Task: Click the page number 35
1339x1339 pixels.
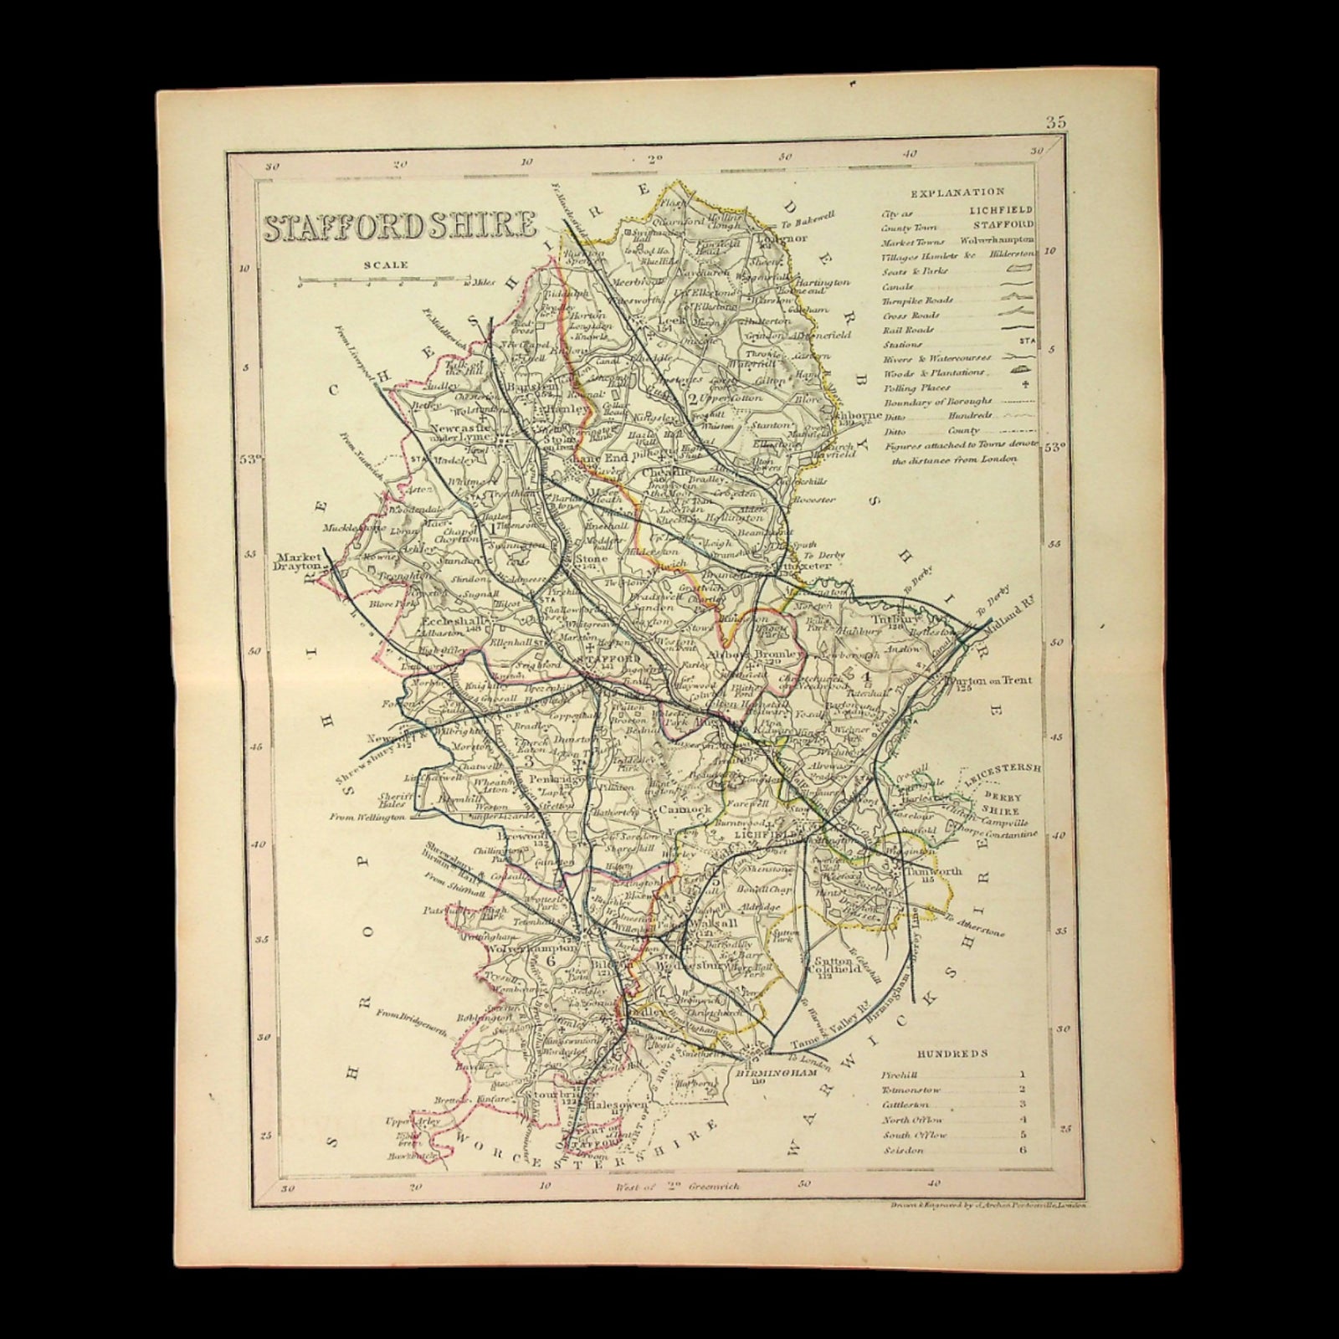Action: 1055,122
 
